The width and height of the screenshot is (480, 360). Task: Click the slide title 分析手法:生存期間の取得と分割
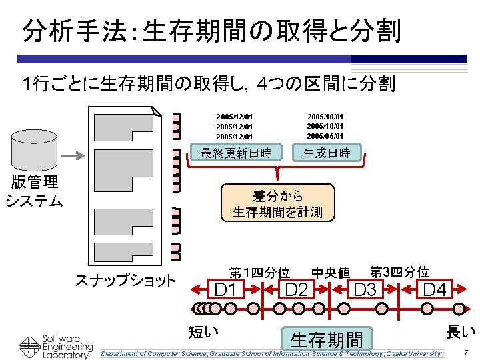(x=212, y=31)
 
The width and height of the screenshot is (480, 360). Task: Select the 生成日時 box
(x=327, y=153)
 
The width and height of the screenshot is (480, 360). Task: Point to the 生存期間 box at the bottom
(x=326, y=339)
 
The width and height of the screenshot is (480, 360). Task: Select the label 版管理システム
(x=35, y=191)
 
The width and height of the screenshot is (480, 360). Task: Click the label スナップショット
(x=125, y=279)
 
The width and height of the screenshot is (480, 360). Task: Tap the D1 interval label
(x=226, y=289)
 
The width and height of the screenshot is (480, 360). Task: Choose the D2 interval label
(x=296, y=289)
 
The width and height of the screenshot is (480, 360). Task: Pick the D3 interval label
(x=365, y=289)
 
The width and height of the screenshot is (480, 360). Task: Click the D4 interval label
(x=435, y=289)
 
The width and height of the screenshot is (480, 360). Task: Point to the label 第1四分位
(x=259, y=273)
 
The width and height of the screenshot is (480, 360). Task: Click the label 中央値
(x=331, y=273)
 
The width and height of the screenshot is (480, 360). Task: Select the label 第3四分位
(x=399, y=272)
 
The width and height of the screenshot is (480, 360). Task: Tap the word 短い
(x=205, y=331)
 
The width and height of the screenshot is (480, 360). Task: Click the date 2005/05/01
(x=325, y=137)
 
